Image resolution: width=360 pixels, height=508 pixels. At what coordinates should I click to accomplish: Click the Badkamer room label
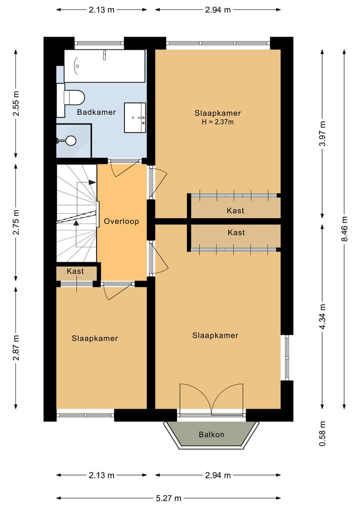coord(96,112)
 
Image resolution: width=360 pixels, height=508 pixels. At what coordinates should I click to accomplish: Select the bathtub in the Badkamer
coord(104,66)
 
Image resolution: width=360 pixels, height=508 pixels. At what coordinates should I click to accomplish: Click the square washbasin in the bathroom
coord(135,117)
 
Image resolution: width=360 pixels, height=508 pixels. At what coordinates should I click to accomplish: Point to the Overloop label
coord(121,221)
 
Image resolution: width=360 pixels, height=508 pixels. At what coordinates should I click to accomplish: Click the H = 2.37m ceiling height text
coord(217,122)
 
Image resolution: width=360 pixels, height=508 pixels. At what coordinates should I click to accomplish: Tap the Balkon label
coord(211,435)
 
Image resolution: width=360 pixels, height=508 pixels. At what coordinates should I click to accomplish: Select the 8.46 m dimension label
coord(344,229)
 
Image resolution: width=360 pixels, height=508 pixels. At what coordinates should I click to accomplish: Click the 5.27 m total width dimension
coord(168,498)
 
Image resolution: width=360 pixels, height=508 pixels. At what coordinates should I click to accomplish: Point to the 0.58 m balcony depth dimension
coord(322,434)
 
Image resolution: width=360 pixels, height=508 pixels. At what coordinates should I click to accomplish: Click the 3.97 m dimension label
coord(322,133)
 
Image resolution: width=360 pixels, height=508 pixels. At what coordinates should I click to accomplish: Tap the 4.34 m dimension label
coord(322,317)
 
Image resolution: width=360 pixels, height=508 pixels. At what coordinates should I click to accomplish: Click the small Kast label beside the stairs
coord(75,271)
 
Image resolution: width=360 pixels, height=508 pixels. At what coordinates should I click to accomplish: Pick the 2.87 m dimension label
coord(16,348)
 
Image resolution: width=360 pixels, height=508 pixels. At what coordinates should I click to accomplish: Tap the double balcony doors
coord(211,399)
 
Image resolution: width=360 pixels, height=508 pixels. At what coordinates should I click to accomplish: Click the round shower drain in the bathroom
coord(70,140)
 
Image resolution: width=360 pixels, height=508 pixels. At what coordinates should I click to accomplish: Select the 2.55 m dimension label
coord(16,103)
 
